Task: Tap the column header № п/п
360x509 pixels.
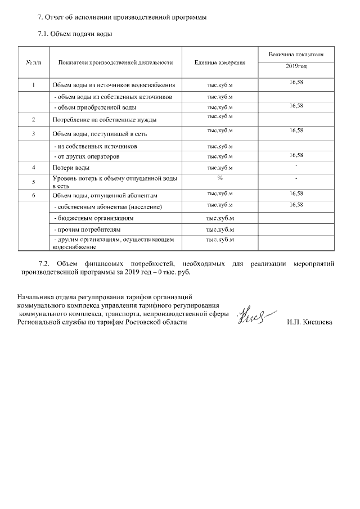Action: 34,62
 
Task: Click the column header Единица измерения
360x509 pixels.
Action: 220,62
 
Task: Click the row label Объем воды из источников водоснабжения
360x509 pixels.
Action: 114,85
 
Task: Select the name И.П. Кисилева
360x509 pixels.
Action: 309,322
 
